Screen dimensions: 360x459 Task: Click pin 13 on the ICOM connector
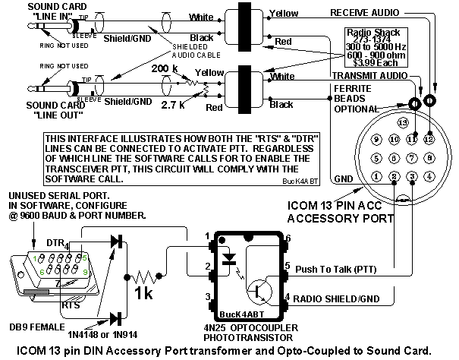[402, 122]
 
